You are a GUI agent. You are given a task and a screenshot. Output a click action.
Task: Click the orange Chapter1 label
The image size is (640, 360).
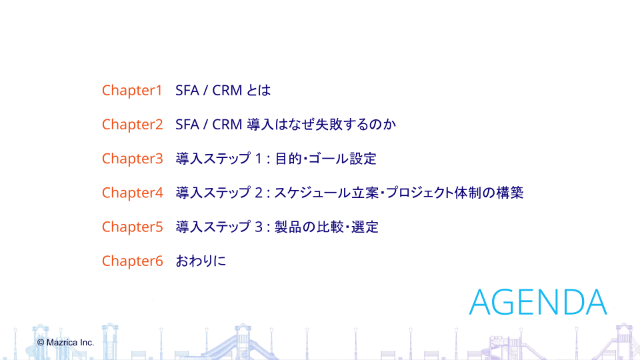point(132,91)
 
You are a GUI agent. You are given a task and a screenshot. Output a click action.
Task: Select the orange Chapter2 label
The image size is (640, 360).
point(133,125)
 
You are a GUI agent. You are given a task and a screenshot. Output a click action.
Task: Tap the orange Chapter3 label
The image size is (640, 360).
point(133,159)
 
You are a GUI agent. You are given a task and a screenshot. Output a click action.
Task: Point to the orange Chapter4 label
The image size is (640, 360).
point(133,193)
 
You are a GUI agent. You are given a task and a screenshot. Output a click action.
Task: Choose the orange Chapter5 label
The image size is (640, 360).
point(133,227)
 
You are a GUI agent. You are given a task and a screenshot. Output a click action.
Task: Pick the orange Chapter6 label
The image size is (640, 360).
point(133,261)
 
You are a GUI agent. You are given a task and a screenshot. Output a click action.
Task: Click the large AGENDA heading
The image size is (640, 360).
point(538,302)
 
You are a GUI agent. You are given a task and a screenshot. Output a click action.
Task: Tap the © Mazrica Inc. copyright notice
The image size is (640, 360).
point(65,343)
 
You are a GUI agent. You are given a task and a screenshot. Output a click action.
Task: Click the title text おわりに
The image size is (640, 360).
point(201,261)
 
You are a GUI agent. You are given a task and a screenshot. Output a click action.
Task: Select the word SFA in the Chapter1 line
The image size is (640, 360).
point(187,90)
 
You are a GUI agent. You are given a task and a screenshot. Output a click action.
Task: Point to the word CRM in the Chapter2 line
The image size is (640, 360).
point(227,125)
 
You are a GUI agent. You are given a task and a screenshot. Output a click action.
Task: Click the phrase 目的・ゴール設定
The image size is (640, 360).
point(326,159)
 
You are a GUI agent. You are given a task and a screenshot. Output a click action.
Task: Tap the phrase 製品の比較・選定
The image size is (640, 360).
point(327,227)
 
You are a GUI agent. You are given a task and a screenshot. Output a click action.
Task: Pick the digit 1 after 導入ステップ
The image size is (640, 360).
point(258,159)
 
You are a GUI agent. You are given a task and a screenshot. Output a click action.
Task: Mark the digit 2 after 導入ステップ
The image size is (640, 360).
point(259,193)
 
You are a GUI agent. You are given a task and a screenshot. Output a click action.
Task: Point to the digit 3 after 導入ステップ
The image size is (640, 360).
point(259,227)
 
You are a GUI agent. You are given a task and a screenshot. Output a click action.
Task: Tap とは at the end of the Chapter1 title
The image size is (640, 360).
point(259,90)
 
